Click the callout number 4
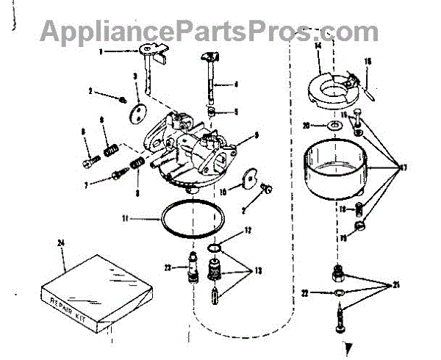236,84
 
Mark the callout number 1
102,51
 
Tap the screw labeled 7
118,176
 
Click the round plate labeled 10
248,179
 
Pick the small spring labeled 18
359,209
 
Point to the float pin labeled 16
367,87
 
